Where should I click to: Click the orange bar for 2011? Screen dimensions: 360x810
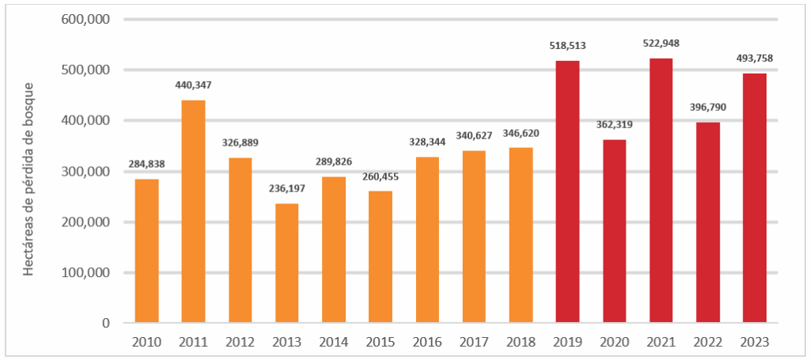pos(193,211)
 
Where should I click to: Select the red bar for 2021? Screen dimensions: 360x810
pos(661,191)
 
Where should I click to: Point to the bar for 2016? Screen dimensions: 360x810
pos(427,240)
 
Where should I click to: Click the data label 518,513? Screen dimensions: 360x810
pos(567,46)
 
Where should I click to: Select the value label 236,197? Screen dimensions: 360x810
pos(287,189)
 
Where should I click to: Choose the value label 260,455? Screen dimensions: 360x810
pos(380,176)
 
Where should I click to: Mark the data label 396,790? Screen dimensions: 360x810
pos(708,108)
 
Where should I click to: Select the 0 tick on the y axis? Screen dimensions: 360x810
pos(104,323)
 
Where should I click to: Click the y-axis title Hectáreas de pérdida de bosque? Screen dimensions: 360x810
pos(28,178)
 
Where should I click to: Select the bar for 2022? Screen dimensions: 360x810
pos(708,222)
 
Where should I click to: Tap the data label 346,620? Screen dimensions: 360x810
pos(520,133)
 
